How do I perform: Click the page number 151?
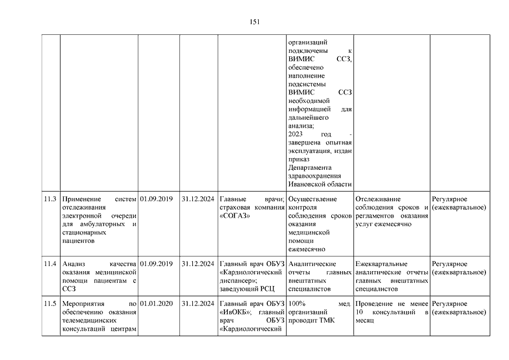point(254,22)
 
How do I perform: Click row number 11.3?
point(51,199)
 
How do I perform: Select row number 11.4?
point(51,264)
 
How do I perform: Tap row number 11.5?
point(51,303)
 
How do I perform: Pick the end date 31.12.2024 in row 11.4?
point(198,264)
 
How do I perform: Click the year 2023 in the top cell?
point(295,135)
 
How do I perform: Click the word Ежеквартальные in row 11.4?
point(382,264)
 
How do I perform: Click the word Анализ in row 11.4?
point(74,264)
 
